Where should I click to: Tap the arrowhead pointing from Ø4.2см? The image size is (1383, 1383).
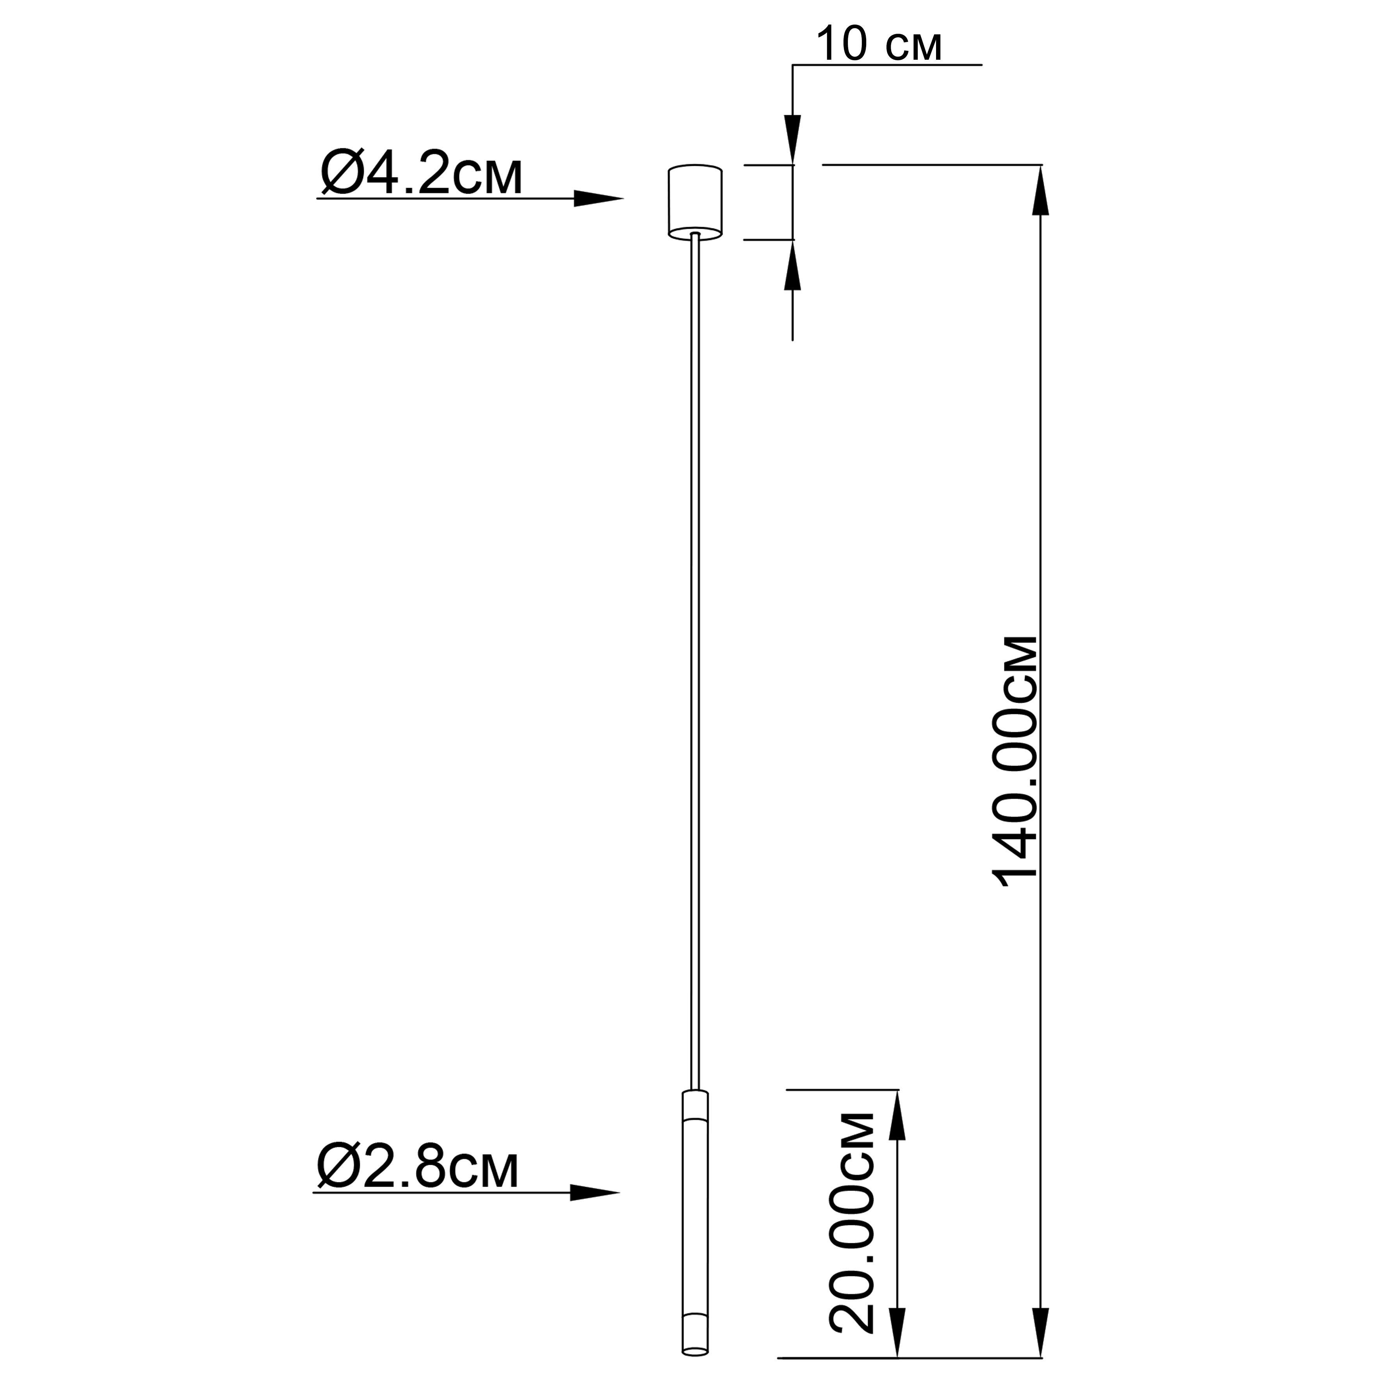(x=598, y=198)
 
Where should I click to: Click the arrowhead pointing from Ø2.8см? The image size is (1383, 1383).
(x=595, y=1193)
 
